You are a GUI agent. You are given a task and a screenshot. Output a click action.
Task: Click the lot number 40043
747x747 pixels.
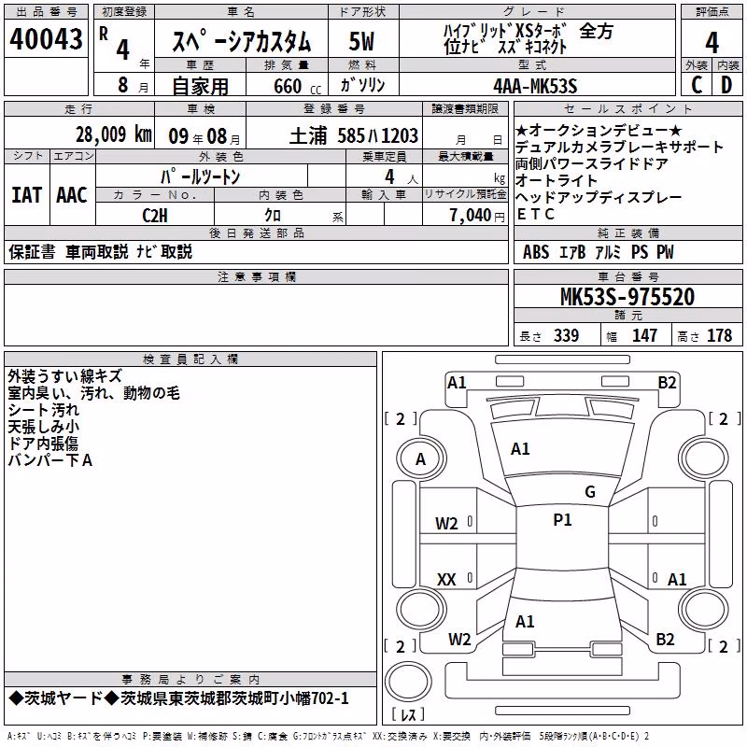point(46,39)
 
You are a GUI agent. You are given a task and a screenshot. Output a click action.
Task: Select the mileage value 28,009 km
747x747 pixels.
point(114,134)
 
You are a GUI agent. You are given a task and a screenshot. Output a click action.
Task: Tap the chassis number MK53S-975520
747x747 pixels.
point(627,297)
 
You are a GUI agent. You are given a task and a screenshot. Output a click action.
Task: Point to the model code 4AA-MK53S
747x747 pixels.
point(535,86)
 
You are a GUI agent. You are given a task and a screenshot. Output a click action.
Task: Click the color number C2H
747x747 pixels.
point(155,216)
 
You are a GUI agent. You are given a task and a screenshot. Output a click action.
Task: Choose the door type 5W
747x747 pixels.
point(361,41)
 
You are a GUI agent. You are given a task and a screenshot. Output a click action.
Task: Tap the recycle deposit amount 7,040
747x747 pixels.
point(471,216)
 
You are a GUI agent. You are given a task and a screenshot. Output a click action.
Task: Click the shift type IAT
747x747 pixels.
point(27,195)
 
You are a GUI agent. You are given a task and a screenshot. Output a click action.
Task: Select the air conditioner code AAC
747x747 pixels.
point(72,195)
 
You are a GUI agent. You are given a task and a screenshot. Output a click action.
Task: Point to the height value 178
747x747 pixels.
point(719,335)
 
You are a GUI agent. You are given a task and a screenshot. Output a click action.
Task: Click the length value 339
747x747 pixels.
point(567,335)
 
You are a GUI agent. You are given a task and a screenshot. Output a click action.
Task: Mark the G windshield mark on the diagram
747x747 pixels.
point(590,492)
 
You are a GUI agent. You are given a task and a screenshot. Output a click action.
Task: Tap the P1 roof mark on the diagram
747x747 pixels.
point(562,520)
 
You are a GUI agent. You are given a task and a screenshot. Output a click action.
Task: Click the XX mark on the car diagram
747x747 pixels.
point(446,579)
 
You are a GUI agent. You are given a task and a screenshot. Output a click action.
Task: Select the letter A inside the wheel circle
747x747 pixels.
point(420,459)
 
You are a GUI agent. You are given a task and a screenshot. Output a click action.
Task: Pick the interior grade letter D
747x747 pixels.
point(726,85)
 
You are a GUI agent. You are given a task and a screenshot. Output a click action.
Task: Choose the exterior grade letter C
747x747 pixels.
point(697,85)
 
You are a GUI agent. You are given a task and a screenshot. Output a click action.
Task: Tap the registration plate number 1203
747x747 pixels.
point(400,136)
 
